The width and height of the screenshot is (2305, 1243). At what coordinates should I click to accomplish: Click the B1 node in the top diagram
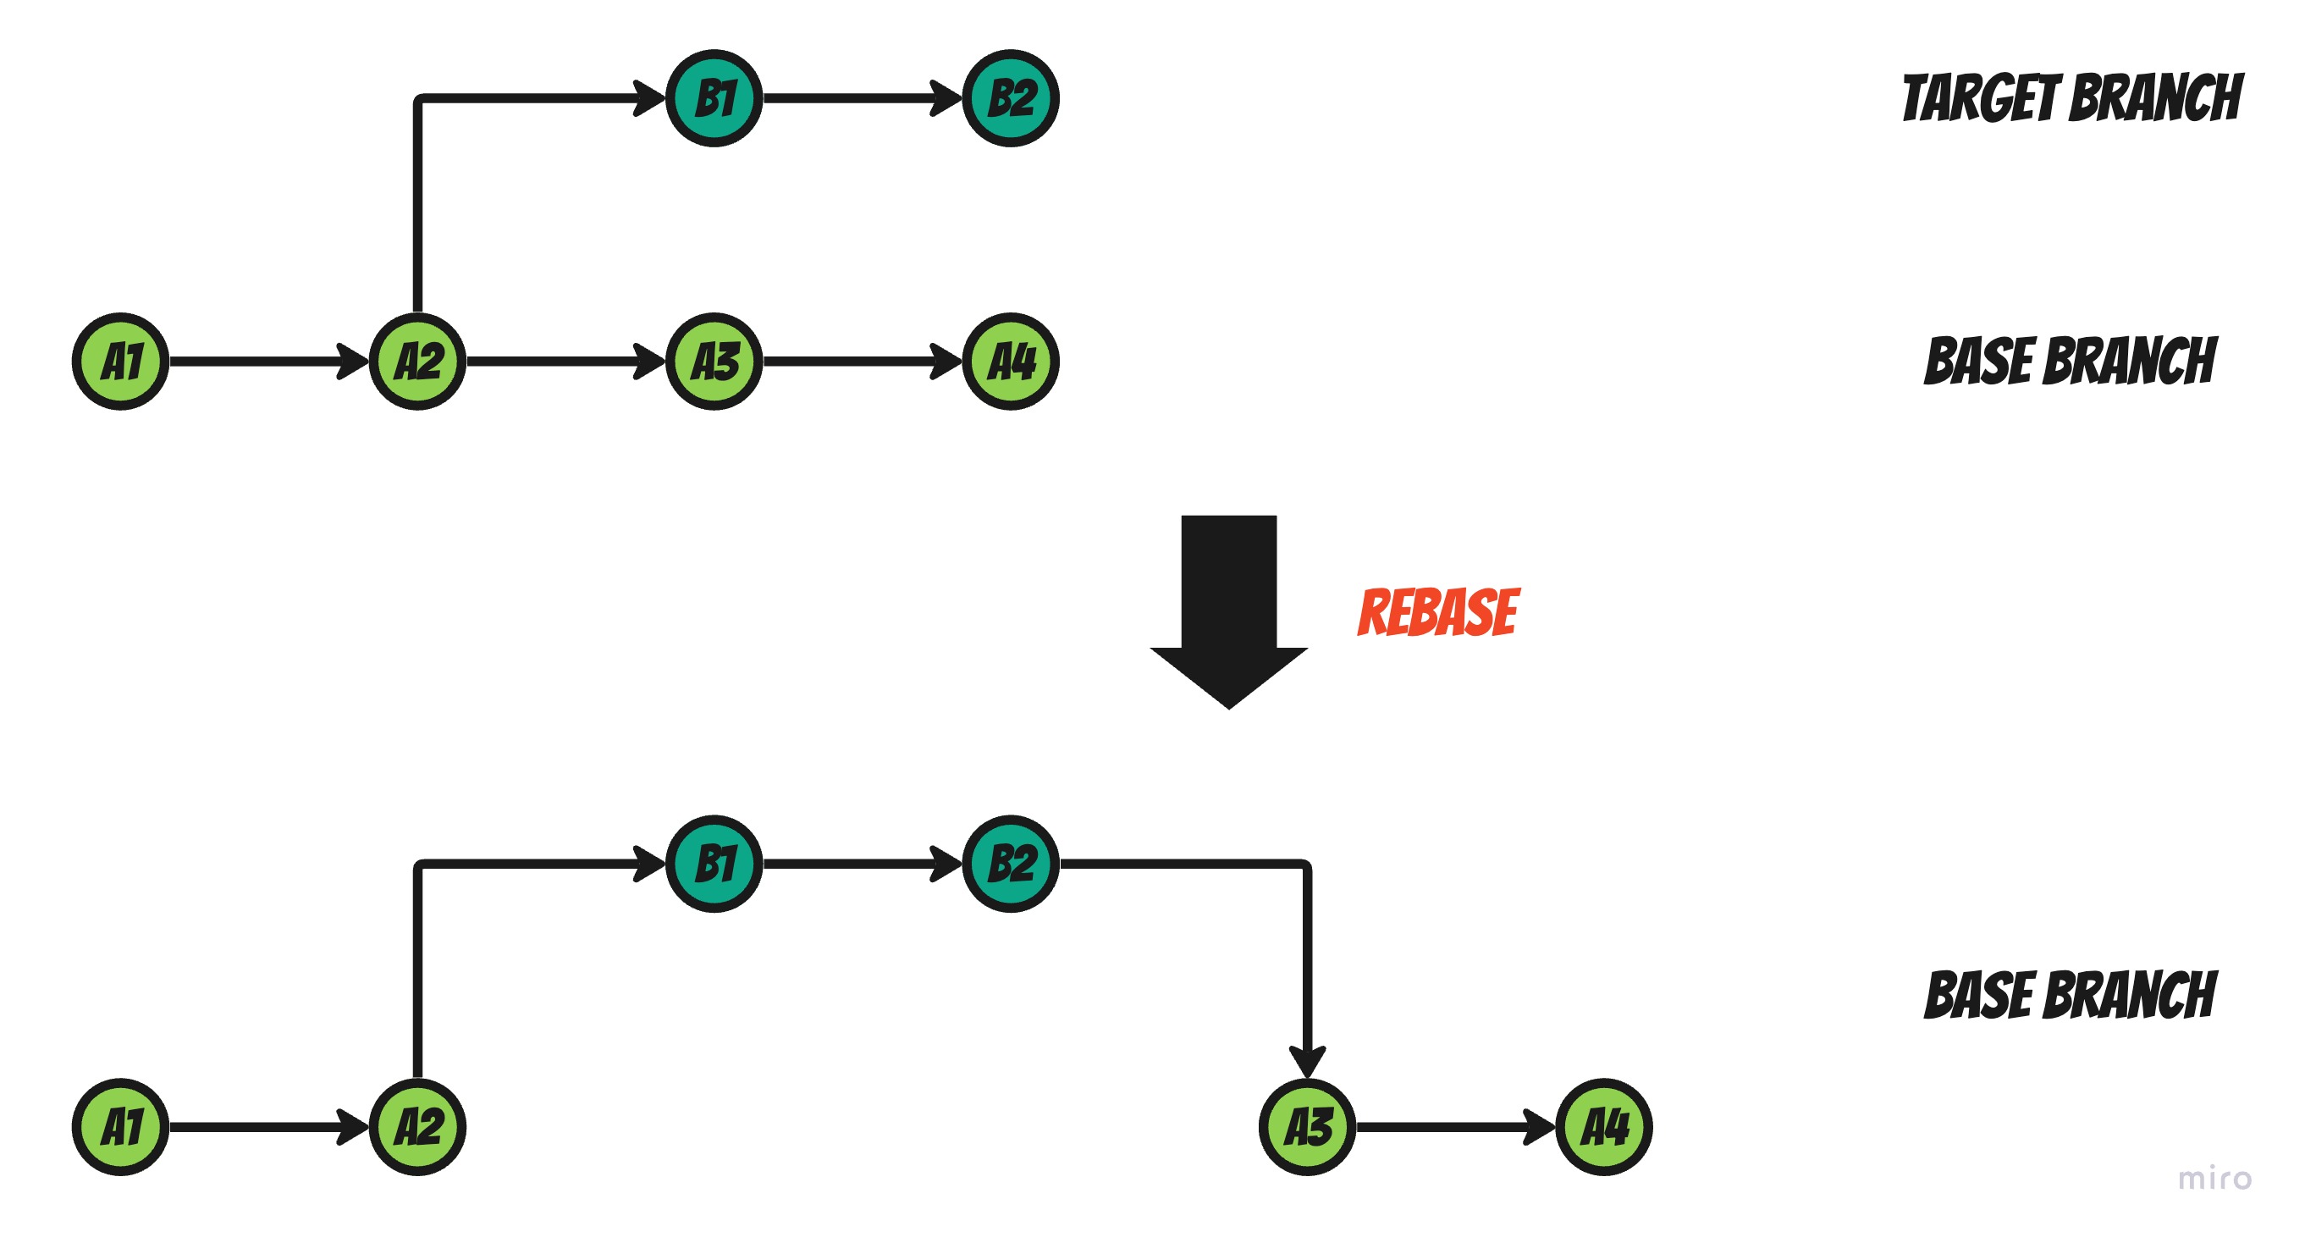(714, 98)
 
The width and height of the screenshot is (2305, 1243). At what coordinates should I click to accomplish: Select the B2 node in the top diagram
(1010, 98)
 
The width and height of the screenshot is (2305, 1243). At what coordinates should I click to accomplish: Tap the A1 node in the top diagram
(121, 362)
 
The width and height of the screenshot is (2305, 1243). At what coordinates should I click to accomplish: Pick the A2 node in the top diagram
(418, 362)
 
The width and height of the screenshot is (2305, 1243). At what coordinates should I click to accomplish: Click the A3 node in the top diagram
(714, 362)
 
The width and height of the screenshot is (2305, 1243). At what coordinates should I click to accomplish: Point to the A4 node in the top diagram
(1010, 362)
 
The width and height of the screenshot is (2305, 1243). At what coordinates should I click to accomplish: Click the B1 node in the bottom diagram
(714, 864)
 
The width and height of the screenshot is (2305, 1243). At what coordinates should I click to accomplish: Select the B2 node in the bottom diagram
(1010, 864)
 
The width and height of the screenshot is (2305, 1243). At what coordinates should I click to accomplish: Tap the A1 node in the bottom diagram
(121, 1127)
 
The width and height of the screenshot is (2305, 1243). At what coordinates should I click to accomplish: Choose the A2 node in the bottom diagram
(418, 1127)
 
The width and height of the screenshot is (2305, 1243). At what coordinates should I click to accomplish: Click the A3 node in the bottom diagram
(1307, 1127)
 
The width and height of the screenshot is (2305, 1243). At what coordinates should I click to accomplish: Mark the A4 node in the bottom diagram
(1603, 1127)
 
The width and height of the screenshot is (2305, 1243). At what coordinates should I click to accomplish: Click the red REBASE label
(1438, 613)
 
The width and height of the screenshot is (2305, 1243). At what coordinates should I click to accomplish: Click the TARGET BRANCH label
(2071, 98)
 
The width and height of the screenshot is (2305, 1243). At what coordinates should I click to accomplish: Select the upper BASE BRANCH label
(2070, 362)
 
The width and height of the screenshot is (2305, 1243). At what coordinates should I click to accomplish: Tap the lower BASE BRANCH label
(2070, 995)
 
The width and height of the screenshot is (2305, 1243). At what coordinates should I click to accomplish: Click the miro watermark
(2214, 1179)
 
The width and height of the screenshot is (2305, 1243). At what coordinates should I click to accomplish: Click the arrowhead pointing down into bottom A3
(1307, 1063)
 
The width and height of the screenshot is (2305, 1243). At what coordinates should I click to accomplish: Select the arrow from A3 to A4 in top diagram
(859, 362)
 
